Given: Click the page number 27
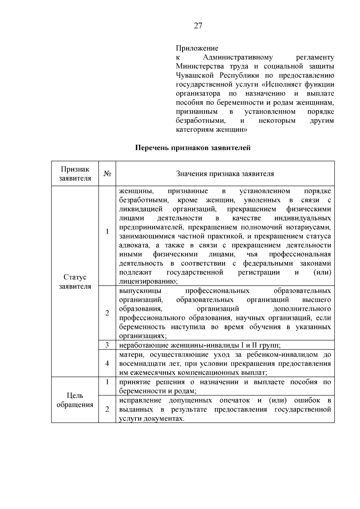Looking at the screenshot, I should (x=198, y=26).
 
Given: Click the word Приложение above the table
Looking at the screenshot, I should (x=197, y=48).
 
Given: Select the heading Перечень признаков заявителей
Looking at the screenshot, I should (x=193, y=148).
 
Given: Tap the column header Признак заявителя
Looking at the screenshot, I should (x=75, y=174).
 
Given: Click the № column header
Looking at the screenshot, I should (x=107, y=174).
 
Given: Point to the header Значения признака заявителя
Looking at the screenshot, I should (x=225, y=174).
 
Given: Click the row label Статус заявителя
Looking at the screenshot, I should (x=75, y=281).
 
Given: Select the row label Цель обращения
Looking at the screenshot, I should (x=75, y=400).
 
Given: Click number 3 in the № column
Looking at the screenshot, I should (x=107, y=345).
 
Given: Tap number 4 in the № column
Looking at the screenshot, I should (x=107, y=363).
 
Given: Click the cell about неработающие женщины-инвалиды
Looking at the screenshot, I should (x=200, y=345).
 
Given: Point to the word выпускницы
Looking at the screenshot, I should (x=140, y=291).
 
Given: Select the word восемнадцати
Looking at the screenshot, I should (x=138, y=364).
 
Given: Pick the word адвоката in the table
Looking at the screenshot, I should (x=134, y=245).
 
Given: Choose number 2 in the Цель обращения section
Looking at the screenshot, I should (x=107, y=409).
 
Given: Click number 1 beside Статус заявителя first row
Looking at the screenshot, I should (x=107, y=232).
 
